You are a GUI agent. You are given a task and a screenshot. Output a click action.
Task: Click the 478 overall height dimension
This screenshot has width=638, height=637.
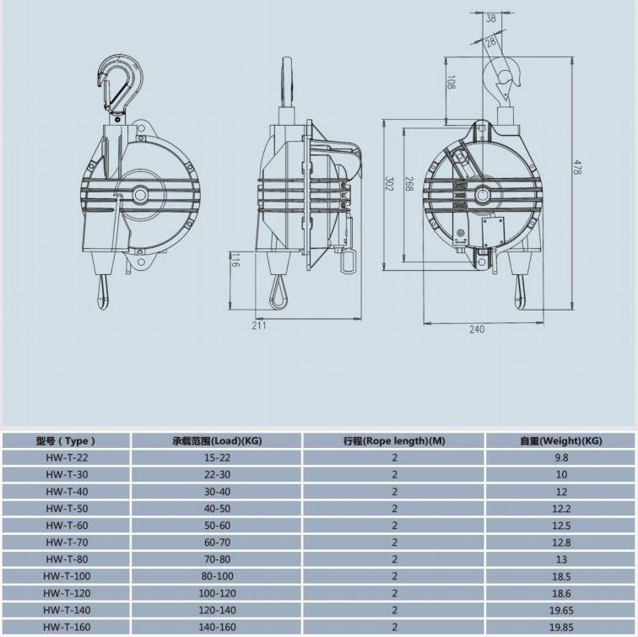(x=577, y=167)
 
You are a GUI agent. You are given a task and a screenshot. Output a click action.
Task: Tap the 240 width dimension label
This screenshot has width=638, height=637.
(x=477, y=330)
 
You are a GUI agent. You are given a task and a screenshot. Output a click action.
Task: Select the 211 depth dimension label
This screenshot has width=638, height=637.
(x=259, y=326)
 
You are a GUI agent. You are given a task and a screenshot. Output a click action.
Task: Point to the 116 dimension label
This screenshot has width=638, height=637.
(x=235, y=260)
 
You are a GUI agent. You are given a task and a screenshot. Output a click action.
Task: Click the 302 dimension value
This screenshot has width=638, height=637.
(x=389, y=184)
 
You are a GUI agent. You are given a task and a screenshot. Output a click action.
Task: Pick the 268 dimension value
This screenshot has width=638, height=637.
(x=409, y=184)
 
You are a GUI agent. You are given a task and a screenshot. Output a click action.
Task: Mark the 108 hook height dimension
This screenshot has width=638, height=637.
(x=451, y=82)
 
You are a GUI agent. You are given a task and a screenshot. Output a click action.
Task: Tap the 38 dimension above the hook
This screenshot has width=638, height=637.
(x=491, y=18)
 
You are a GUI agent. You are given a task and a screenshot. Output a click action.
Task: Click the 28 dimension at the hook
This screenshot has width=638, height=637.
(x=490, y=41)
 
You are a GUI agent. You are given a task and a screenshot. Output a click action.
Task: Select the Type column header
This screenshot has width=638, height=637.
(x=66, y=441)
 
